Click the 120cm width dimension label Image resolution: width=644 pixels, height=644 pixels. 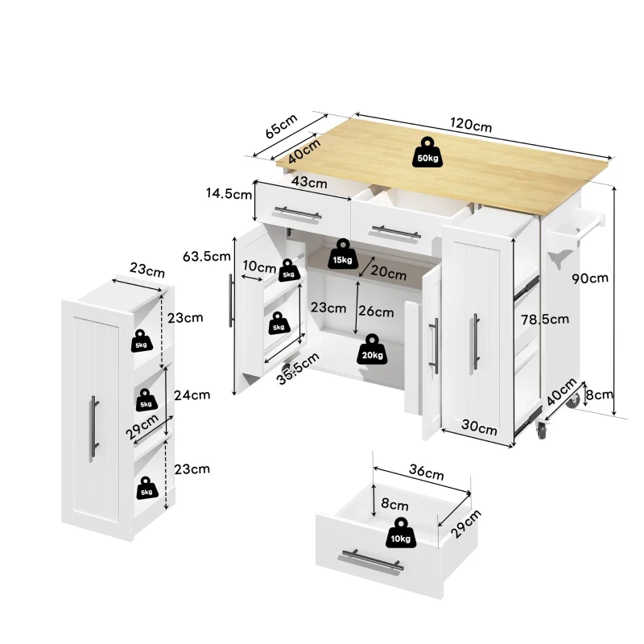tap(471, 126)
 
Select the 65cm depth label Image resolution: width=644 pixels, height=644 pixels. tap(281, 126)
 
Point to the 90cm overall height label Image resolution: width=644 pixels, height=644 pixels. tap(590, 279)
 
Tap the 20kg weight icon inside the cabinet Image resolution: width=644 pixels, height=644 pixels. tap(373, 349)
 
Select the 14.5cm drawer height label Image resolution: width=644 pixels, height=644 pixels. tap(228, 193)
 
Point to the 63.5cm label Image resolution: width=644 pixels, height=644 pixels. tap(208, 257)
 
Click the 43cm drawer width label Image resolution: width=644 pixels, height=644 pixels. tap(308, 183)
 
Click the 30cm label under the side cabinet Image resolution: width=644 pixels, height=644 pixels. tap(480, 428)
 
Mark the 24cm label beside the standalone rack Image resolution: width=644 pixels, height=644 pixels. tap(193, 394)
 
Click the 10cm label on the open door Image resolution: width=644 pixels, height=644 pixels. tap(259, 266)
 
